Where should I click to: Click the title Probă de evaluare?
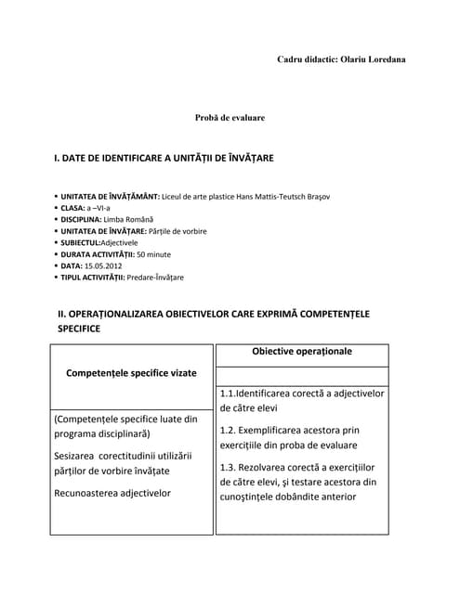230,118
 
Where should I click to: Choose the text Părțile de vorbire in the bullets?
178,230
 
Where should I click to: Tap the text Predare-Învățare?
156,277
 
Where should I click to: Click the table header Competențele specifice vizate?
131,372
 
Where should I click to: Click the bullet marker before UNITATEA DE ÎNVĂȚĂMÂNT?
57,197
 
